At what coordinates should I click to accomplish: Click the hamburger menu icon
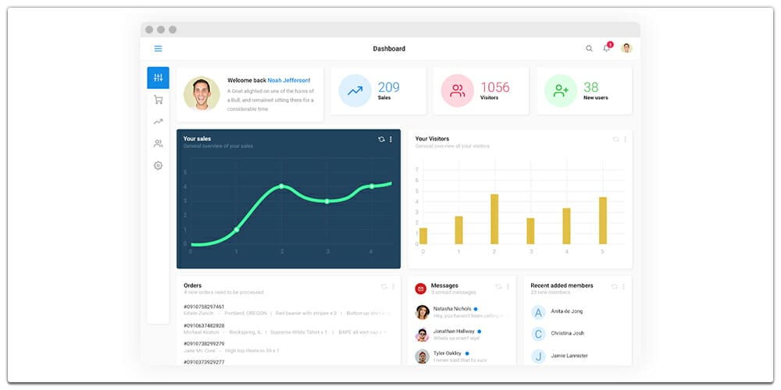158,48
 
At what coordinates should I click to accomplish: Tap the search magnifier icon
589,48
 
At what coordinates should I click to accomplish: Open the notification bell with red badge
607,48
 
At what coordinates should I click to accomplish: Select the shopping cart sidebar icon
158,100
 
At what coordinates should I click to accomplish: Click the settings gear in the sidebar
158,165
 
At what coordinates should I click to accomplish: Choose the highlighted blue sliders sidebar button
158,78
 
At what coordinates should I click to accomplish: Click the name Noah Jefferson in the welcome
287,80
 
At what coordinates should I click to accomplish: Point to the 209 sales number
388,87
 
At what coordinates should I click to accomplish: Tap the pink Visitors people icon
457,90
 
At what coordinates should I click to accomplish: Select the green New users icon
561,90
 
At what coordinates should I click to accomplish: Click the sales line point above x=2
281,186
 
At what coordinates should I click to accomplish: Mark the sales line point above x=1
236,229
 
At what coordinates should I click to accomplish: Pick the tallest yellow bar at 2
494,219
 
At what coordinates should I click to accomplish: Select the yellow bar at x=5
603,221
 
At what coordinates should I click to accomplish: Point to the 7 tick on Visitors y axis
417,169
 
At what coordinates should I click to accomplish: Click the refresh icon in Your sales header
381,139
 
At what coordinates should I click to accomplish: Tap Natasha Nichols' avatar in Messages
423,312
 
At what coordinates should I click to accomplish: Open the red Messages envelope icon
421,288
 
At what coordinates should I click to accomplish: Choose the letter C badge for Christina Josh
537,334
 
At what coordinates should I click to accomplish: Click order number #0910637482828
204,325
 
